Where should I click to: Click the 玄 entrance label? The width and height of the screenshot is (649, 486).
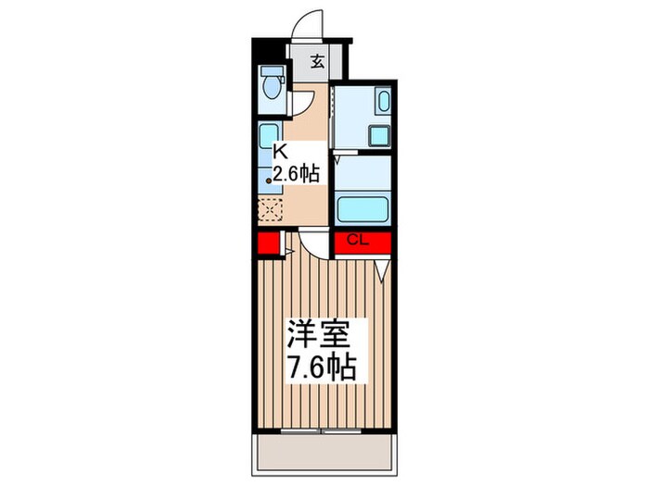tap(317, 63)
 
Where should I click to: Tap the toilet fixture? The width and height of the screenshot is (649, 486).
tap(272, 86)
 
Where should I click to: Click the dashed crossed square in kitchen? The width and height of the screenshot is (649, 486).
tap(270, 208)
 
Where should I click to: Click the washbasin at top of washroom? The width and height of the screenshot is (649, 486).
tap(382, 102)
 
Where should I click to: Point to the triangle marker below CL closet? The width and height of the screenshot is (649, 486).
tap(382, 272)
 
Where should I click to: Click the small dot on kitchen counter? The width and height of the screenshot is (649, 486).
tap(270, 181)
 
